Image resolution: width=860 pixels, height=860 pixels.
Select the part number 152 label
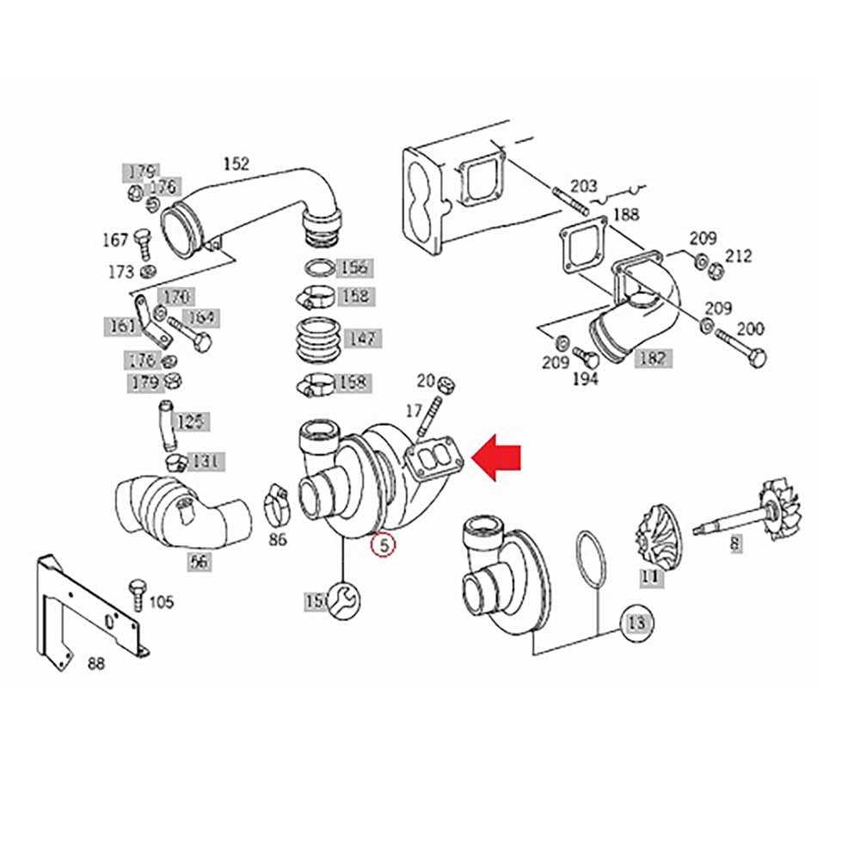point(236,163)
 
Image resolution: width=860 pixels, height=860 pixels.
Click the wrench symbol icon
point(344,599)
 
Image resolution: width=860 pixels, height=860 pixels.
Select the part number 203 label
point(584,186)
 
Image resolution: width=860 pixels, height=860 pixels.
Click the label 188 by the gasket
point(626,214)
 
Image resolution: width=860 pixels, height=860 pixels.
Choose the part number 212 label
point(738,255)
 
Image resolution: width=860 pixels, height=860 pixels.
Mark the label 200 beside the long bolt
point(750,328)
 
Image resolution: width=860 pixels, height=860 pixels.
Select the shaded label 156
point(353,267)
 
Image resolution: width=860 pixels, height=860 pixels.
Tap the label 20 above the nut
point(426,380)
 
